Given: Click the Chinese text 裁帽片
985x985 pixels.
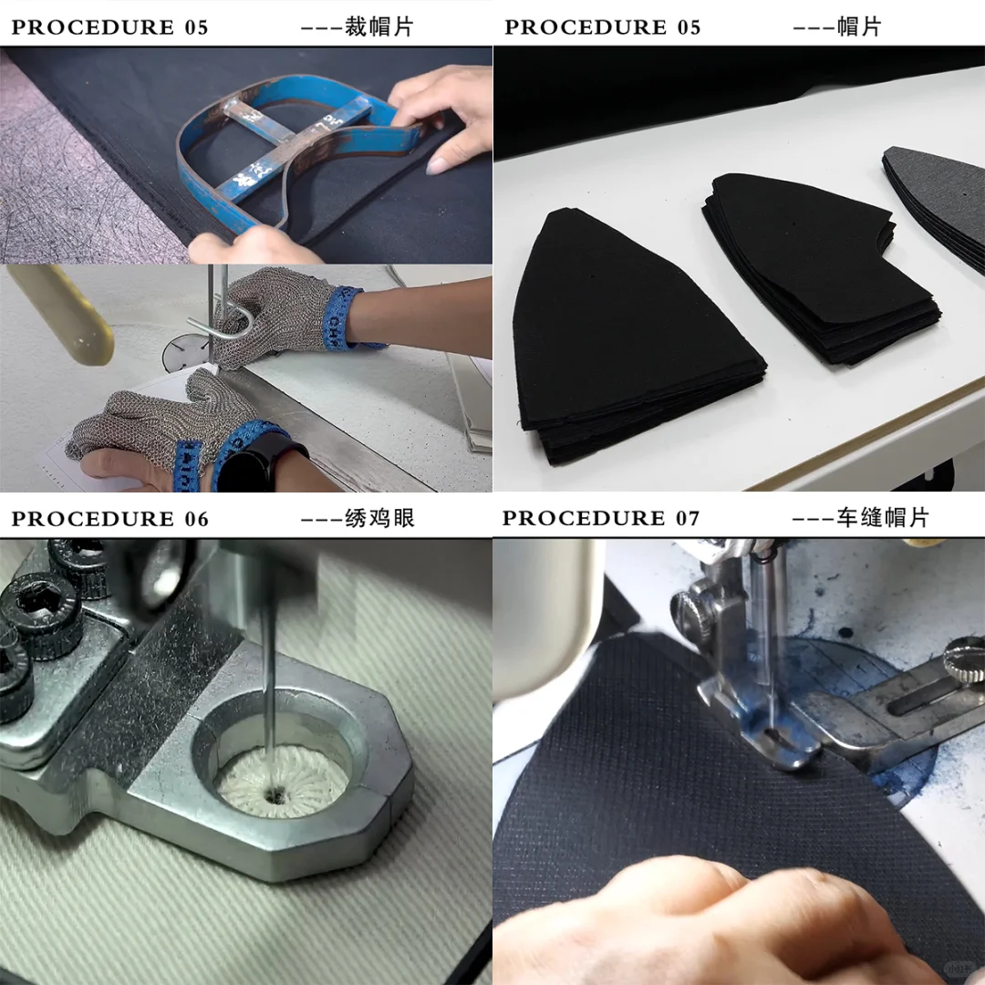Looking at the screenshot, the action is click(x=378, y=27).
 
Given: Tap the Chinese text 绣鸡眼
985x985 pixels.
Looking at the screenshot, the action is click(x=379, y=518).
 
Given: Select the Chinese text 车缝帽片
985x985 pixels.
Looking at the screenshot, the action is click(x=883, y=518).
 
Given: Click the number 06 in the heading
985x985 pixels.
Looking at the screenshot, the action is click(x=197, y=519).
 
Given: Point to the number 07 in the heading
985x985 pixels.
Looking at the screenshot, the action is click(x=688, y=518).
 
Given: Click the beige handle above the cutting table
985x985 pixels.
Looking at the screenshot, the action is click(x=60, y=314).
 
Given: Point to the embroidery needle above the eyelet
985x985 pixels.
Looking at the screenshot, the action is click(x=269, y=691).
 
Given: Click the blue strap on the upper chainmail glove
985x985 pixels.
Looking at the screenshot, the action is click(x=343, y=316).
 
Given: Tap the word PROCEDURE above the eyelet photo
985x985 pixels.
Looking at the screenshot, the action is click(x=93, y=519).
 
